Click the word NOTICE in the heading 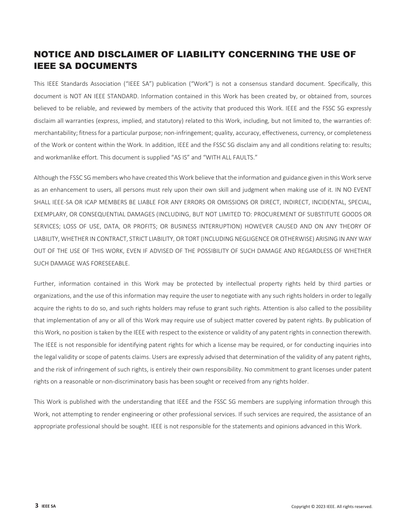(x=51, y=54)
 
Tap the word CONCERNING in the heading (x=263, y=54)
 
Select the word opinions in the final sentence (x=270, y=427)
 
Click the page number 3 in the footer (x=37, y=506)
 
